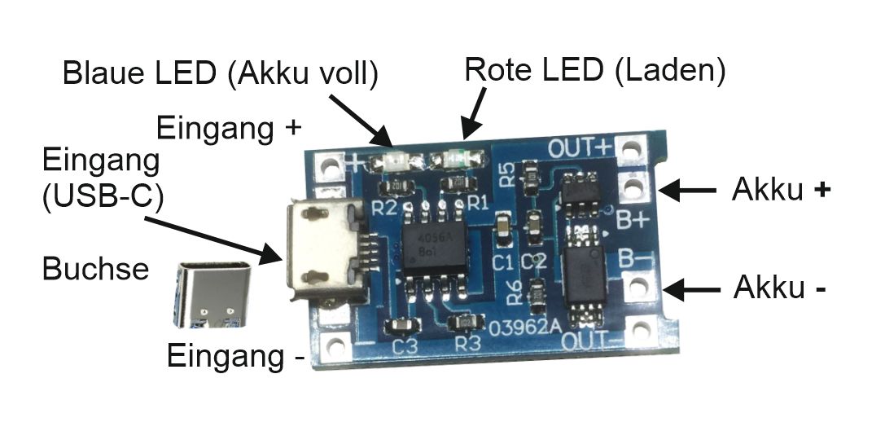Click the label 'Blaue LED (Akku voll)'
(221, 74)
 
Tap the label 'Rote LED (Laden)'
(594, 70)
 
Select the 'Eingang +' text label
(230, 129)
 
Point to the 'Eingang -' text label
(235, 356)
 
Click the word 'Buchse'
(96, 268)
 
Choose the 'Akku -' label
(782, 288)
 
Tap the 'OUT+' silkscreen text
(579, 148)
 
